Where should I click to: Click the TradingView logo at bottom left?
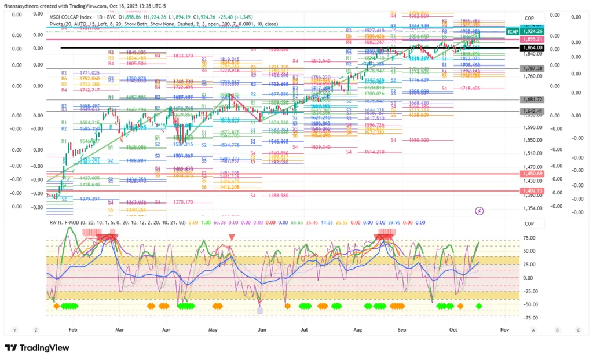click(x=37, y=347)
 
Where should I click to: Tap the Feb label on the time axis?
click(x=72, y=329)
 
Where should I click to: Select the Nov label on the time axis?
click(x=504, y=329)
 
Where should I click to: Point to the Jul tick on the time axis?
click(x=303, y=329)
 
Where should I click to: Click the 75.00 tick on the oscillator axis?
click(x=528, y=237)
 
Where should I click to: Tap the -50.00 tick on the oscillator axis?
click(x=528, y=304)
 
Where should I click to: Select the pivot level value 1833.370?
click(x=182, y=56)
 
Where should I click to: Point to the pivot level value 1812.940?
click(x=320, y=61)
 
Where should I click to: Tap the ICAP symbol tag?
click(x=513, y=31)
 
